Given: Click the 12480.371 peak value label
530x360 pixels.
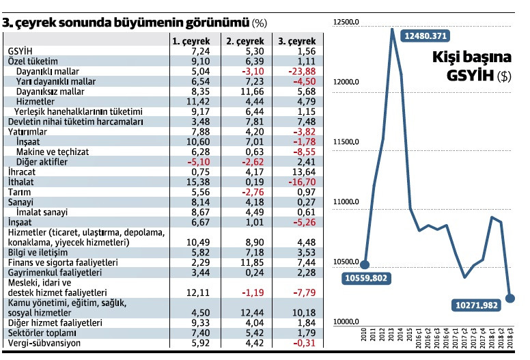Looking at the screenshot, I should (x=429, y=35).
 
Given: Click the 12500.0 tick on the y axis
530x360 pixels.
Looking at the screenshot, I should (x=346, y=23).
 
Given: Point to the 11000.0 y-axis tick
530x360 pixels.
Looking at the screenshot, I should (x=346, y=202).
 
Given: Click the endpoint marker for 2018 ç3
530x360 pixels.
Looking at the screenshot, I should (x=510, y=298).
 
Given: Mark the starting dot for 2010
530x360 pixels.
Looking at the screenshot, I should (x=365, y=264).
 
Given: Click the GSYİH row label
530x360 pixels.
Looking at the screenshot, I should (x=20, y=51).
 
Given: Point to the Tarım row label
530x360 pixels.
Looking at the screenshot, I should (x=20, y=193).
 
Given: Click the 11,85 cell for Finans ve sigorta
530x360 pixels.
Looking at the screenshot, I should (x=247, y=262).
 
